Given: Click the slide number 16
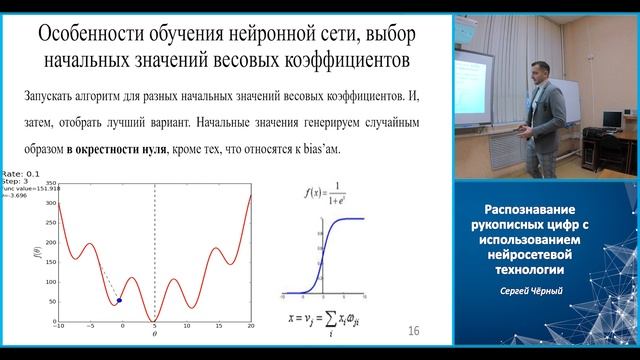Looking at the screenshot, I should pos(414,331).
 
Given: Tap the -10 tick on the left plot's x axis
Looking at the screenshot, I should pos(59,327).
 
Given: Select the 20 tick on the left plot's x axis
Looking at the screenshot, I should pos(250,327).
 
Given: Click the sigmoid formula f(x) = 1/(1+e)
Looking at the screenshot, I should pos(324,193).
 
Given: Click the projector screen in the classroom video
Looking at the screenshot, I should pos(479,74).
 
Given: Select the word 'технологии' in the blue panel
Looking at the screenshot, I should pos(545,270).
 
